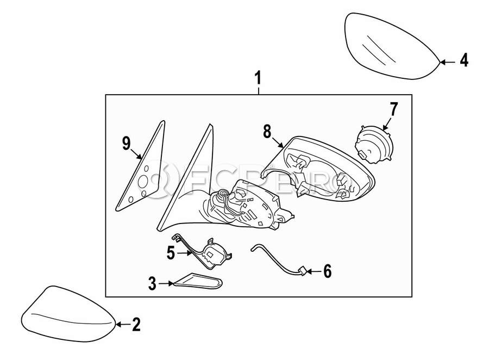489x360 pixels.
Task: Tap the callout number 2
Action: [136, 325]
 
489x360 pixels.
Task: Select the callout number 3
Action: [153, 283]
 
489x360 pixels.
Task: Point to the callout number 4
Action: [463, 61]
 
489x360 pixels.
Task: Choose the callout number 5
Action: [170, 253]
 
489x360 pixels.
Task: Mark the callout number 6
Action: [327, 271]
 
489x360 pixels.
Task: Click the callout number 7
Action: [393, 109]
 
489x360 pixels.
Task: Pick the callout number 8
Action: [267, 132]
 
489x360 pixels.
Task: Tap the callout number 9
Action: [126, 144]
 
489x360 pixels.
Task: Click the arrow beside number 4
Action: [446, 62]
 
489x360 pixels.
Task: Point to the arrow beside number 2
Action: [122, 325]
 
